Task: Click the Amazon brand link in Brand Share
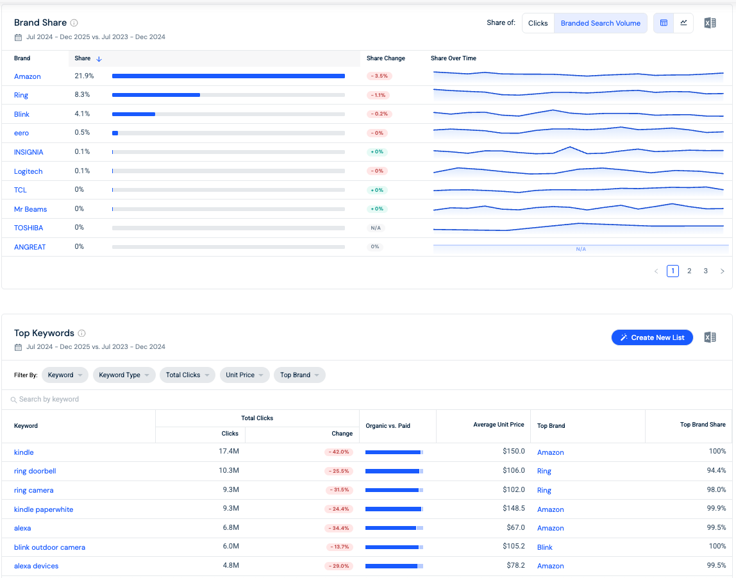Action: pos(27,76)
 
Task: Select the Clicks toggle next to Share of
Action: pos(538,23)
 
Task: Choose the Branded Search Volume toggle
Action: pos(600,23)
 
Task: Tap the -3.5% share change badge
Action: pos(380,76)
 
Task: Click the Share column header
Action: pos(83,58)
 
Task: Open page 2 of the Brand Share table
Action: pos(689,271)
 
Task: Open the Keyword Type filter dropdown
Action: pos(124,375)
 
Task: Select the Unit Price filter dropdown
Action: pos(244,375)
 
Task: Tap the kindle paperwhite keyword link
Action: pos(44,509)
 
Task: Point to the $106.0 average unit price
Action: pos(514,470)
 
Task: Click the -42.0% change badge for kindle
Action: pos(339,452)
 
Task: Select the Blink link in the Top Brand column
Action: pos(544,547)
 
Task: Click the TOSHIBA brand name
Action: pos(29,228)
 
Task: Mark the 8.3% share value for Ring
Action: pos(82,95)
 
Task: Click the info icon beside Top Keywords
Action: pos(81,334)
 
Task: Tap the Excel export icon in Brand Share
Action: pos(710,23)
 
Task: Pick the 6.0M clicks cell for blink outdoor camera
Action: pos(231,547)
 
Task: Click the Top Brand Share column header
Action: pos(703,425)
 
